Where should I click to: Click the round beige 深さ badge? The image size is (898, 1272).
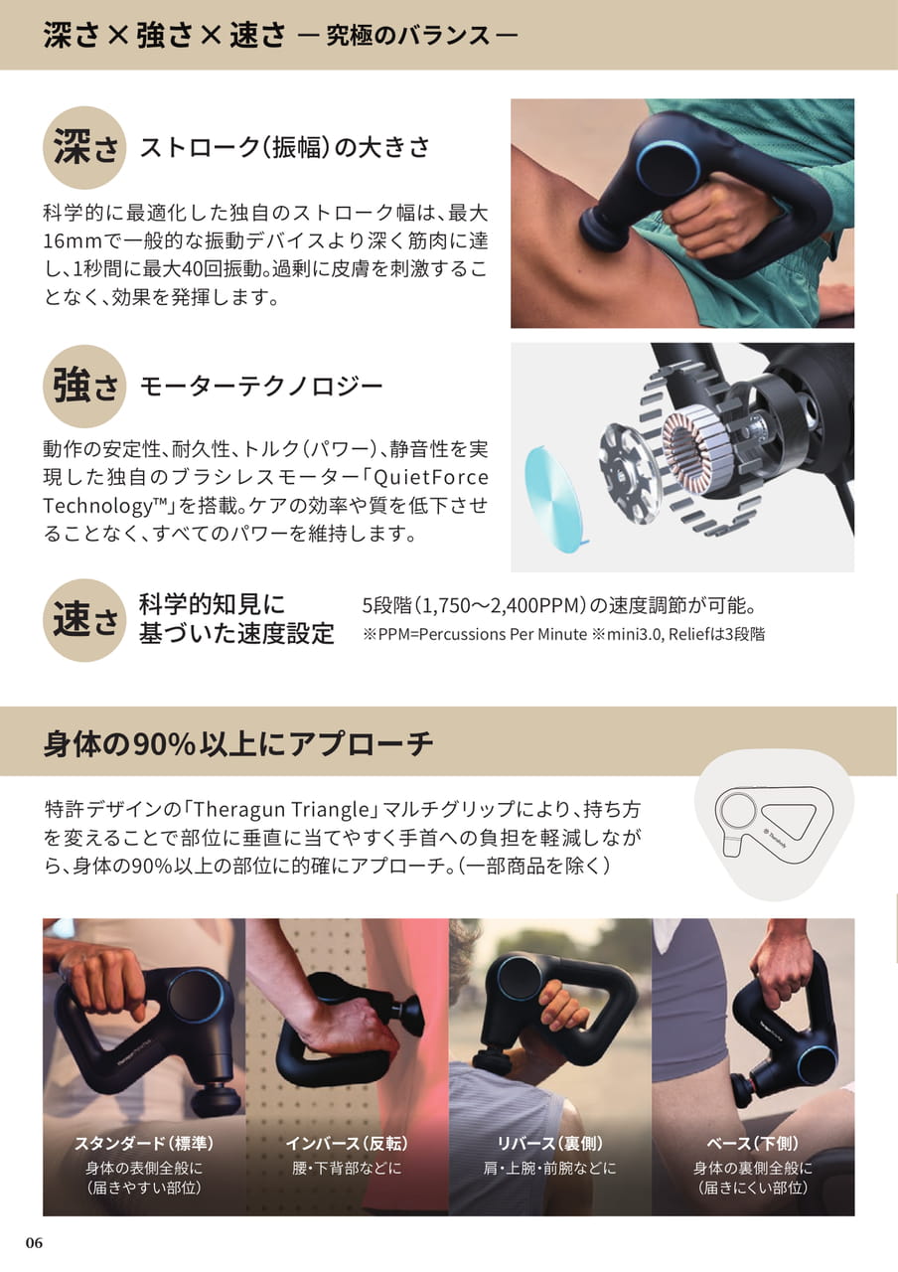(x=84, y=148)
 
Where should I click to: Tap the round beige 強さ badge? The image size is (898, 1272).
(x=84, y=387)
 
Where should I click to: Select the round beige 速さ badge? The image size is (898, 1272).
(x=84, y=620)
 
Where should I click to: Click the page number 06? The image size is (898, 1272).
(x=34, y=1243)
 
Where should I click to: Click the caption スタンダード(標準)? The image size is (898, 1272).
(x=144, y=1143)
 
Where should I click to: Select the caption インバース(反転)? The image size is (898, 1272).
(x=347, y=1143)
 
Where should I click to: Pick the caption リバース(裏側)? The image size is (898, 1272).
(x=549, y=1143)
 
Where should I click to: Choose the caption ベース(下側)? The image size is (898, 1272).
(x=753, y=1143)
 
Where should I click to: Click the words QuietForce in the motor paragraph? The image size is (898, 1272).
(x=430, y=477)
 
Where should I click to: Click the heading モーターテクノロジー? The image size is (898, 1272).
(x=261, y=387)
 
